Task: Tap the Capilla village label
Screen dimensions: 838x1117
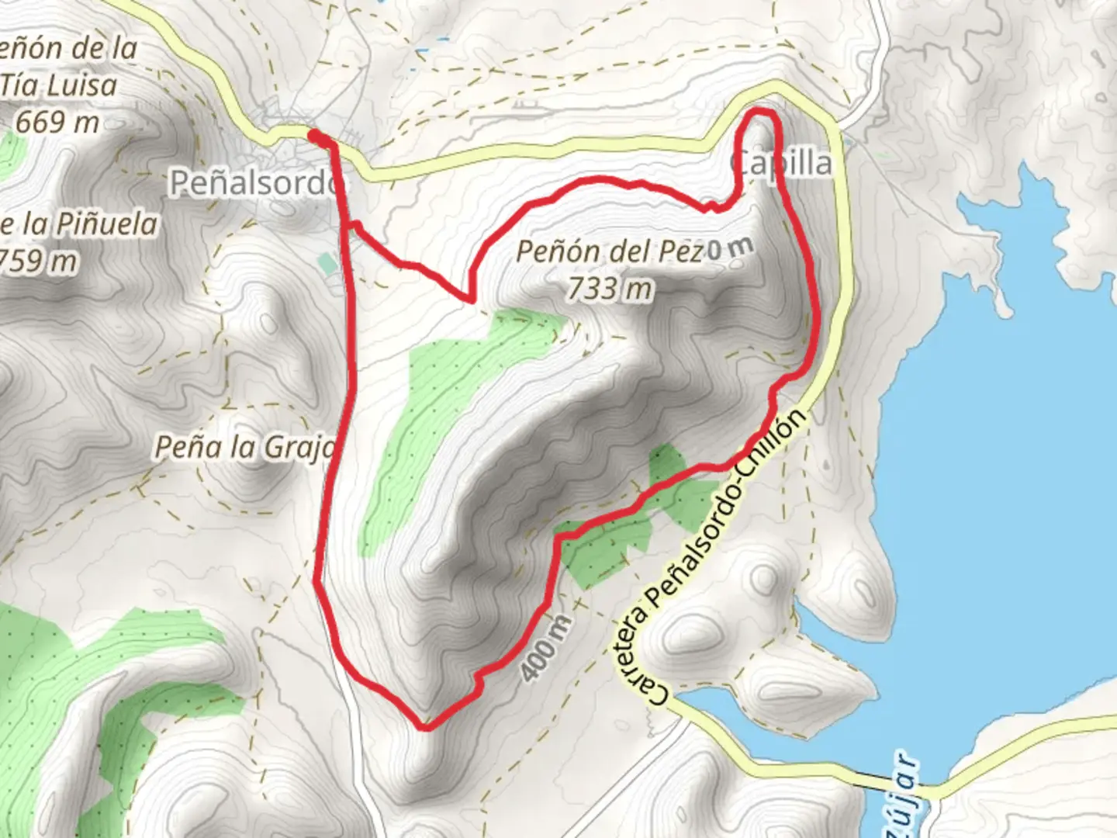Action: (x=781, y=163)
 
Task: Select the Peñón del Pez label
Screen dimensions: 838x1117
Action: (x=610, y=251)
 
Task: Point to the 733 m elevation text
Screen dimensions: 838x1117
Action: (x=610, y=289)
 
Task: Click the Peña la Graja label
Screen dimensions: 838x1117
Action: (x=244, y=447)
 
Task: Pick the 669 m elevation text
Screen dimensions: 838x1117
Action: (x=57, y=122)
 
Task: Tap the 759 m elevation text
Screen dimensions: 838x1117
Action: (x=39, y=261)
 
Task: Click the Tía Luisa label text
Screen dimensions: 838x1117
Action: (x=59, y=85)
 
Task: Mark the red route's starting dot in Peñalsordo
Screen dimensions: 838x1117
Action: (x=315, y=137)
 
